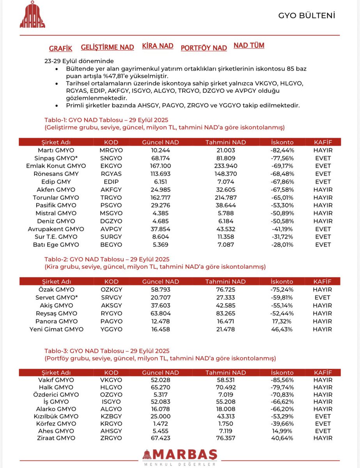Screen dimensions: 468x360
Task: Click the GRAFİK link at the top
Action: pos(60,49)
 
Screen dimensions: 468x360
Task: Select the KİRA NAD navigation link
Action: pos(158,46)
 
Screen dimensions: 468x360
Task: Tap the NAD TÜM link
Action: pos(249,45)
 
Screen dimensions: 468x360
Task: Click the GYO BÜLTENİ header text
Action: pos(307,16)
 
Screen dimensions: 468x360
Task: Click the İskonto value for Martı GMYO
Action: pos(283,151)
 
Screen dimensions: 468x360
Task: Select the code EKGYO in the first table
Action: pos(111,166)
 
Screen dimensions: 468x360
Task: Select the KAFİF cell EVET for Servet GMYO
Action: pos(322,298)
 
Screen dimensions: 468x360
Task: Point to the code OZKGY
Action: pos(111,290)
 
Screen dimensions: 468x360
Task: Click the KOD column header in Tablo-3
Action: pos(111,372)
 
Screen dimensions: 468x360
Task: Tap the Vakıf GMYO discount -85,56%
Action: pos(283,380)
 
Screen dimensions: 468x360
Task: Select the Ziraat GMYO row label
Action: pos(58,438)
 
